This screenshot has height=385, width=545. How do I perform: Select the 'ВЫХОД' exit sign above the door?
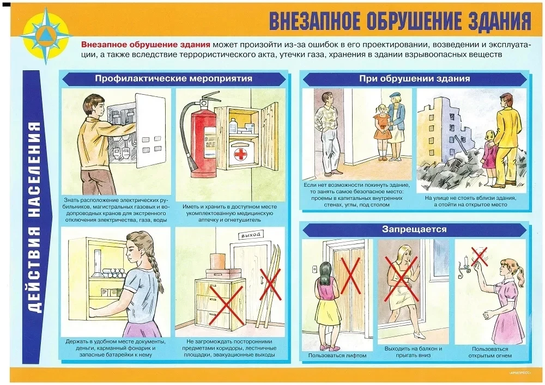pyautogui.click(x=250, y=235)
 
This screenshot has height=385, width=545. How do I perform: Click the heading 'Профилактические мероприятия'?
pyautogui.click(x=174, y=78)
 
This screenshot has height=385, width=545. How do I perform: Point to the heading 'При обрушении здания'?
pyautogui.click(x=414, y=78)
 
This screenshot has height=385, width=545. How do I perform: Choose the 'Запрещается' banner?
pyautogui.click(x=414, y=229)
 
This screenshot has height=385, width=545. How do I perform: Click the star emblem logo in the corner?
pyautogui.click(x=46, y=36)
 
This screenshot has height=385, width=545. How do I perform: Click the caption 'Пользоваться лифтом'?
pyautogui.click(x=337, y=356)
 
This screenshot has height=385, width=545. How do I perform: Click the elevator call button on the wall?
pyautogui.click(x=314, y=269)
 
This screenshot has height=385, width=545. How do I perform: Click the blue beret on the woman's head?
pyautogui.click(x=395, y=94)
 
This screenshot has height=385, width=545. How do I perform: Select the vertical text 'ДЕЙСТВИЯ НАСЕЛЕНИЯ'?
pyautogui.click(x=36, y=217)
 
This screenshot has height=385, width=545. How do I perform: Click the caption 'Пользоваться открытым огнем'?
pyautogui.click(x=490, y=352)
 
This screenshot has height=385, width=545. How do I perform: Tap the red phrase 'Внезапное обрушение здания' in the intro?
pyautogui.click(x=146, y=45)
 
